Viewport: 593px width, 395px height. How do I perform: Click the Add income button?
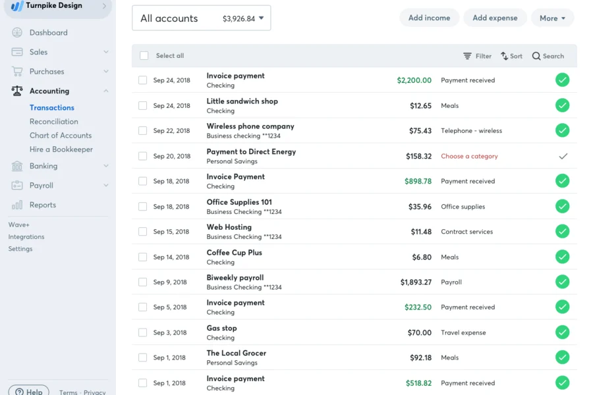coord(429,18)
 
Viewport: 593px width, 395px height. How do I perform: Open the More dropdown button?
coord(552,18)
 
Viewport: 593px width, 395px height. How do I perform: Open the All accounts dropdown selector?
coord(201,18)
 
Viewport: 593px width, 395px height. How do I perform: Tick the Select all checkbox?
coord(144,56)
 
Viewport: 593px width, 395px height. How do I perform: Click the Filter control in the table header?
coord(477,56)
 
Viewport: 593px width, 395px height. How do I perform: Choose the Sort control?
coord(511,56)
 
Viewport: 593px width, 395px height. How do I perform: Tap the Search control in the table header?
coord(548,56)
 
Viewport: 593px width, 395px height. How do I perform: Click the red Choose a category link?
coord(469,156)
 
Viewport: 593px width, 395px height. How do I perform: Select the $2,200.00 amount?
coord(414,80)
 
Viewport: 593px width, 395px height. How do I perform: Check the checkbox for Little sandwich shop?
coord(142,105)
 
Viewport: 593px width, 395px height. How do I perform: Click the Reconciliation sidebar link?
coord(54,122)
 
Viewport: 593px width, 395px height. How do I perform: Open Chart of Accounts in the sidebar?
coord(61,136)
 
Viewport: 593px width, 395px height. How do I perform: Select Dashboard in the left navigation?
coord(48,33)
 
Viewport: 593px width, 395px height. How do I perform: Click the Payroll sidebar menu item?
coord(41,186)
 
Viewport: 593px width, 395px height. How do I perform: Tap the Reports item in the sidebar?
coord(42,205)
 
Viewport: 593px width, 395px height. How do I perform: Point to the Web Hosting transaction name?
coord(229,227)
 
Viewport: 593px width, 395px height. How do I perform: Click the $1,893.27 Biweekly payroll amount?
coord(416,282)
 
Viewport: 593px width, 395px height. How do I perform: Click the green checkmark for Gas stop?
coord(562,332)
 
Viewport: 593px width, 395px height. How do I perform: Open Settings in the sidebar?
coord(20,249)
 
